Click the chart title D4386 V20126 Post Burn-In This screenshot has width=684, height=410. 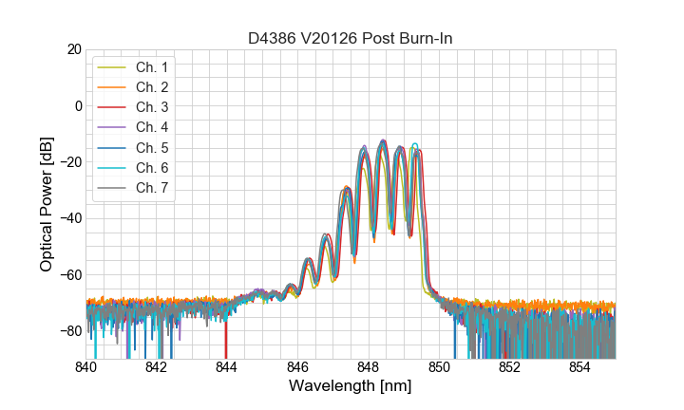pyautogui.click(x=351, y=38)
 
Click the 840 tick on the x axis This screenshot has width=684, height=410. pyautogui.click(x=86, y=367)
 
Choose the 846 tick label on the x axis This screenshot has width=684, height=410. pyautogui.click(x=298, y=367)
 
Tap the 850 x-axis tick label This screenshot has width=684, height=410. pyautogui.click(x=439, y=367)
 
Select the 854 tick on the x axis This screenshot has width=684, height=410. pyautogui.click(x=580, y=367)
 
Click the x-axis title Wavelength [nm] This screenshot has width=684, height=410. pyautogui.click(x=351, y=386)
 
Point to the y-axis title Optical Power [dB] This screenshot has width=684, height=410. pyautogui.click(x=46, y=204)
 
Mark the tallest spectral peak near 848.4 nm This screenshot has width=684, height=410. pyautogui.click(x=383, y=140)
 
